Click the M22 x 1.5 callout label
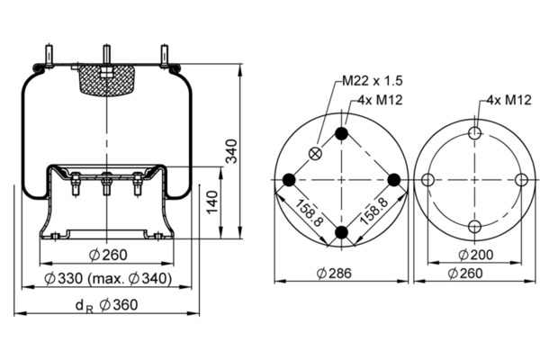coord(373,81)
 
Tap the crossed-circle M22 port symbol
coord(315,154)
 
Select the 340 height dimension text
coord(231,151)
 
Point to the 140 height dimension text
coord(212,202)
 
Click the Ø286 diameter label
coord(334,274)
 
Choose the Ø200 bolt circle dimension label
coord(476,255)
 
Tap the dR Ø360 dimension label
coord(106,306)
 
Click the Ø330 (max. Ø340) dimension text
coord(108,279)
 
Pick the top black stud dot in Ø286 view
coord(342,133)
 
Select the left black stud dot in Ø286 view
coord(289,180)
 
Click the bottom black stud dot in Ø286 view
coord(342,232)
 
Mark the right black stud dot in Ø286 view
coord(394,180)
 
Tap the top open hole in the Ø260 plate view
coord(475,132)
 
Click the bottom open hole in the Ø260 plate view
coord(475,227)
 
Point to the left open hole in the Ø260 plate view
coord(427,180)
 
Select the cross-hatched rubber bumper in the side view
coord(107,80)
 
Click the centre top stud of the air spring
coord(107,54)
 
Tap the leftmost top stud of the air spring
coord(49,55)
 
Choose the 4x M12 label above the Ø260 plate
coord(508,100)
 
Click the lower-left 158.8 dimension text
coord(309,212)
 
